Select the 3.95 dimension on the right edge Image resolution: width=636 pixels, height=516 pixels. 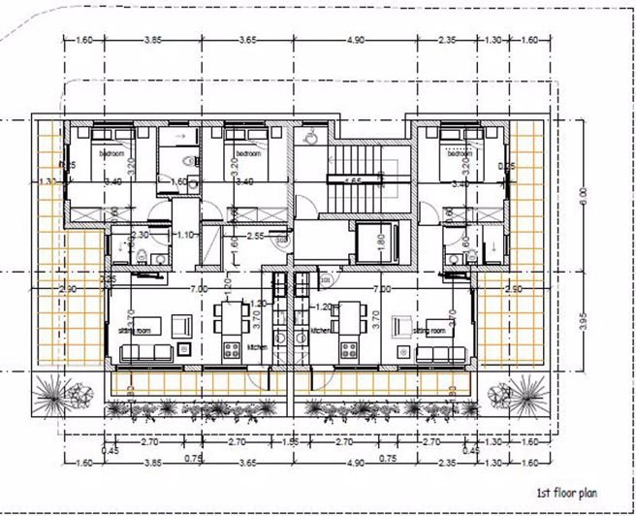pyautogui.click(x=582, y=323)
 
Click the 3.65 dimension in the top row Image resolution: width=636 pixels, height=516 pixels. pyautogui.click(x=247, y=40)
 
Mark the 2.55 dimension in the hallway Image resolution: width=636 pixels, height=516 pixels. pyautogui.click(x=256, y=236)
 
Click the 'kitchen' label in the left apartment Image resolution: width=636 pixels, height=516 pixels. pyautogui.click(x=256, y=346)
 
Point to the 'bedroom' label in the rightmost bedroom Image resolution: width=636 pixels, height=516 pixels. pyautogui.click(x=459, y=154)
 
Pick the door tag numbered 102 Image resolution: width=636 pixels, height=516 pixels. pyautogui.click(x=281, y=240)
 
